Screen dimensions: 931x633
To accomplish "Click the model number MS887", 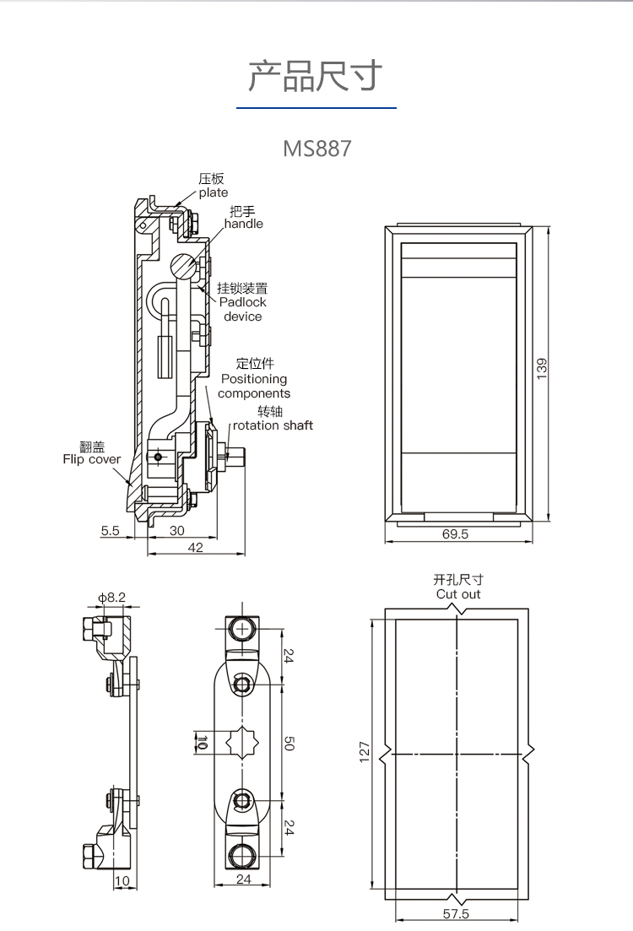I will tap(316, 149).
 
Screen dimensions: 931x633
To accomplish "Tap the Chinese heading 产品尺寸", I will tap(316, 76).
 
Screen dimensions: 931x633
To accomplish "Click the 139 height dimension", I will tap(542, 369).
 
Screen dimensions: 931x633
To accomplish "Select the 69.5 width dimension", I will tap(455, 534).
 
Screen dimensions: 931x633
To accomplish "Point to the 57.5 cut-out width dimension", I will tap(456, 914).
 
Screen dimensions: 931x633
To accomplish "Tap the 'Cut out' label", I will tap(458, 594).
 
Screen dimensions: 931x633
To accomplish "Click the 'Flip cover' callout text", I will tap(92, 460).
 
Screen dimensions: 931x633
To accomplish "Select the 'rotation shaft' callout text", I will tap(273, 425).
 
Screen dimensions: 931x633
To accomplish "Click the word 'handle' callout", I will tap(244, 224).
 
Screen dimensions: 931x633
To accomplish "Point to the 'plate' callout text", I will tap(214, 192).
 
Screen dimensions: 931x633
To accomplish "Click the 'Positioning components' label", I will tap(254, 387).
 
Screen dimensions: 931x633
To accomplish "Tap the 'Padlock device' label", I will tap(243, 309).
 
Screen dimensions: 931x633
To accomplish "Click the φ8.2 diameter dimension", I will tap(111, 598).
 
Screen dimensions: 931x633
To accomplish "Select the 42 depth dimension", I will tap(196, 548).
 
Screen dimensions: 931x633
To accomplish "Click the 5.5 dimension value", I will tap(111, 531).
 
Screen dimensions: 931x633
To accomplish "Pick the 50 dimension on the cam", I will tap(289, 744).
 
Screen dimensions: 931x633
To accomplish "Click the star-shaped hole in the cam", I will tap(243, 743).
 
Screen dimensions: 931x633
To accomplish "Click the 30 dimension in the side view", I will tap(177, 531).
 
